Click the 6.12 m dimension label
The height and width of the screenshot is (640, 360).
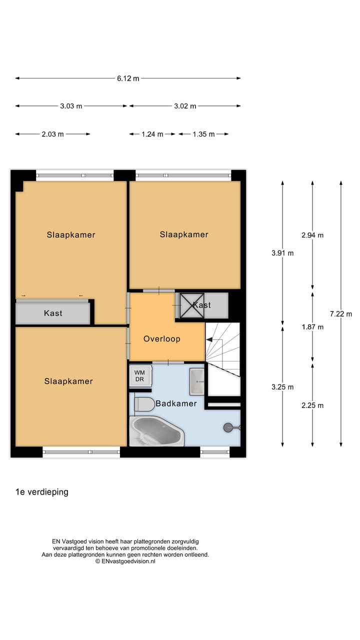point(128,78)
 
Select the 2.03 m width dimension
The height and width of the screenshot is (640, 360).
point(52,134)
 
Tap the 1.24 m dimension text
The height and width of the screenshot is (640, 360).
point(152,134)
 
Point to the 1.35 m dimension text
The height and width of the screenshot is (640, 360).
point(203,134)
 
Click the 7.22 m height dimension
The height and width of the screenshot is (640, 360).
point(341,314)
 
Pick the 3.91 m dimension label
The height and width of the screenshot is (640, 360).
point(282,253)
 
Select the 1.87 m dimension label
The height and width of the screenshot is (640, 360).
point(312,327)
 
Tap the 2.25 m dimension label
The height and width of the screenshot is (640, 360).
point(312,405)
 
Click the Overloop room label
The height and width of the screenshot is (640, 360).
point(161,338)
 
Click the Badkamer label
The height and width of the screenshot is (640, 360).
point(176,403)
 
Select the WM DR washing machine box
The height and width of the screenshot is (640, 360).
point(139,375)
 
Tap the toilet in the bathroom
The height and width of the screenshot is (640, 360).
point(144,404)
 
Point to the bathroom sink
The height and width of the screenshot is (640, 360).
point(197,381)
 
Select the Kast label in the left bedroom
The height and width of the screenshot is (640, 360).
point(53,313)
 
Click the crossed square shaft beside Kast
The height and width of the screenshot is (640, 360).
point(192,305)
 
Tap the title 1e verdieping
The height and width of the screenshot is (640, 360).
point(42,492)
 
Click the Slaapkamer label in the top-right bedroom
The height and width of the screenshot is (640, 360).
point(184,234)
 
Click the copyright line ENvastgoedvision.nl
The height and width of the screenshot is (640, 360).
point(125,561)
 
